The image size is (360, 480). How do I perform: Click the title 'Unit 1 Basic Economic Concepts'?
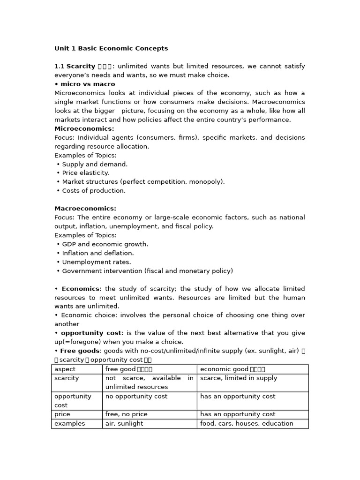[x=111, y=48]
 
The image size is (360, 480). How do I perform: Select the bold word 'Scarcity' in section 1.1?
[x=81, y=67]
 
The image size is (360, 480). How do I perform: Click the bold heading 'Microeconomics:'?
[x=84, y=129]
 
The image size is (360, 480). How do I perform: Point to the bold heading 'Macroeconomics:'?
[x=85, y=209]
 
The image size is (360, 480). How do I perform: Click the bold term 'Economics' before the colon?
[x=80, y=289]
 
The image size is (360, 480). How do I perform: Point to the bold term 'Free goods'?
[x=80, y=351]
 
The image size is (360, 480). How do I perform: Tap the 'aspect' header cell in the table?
[x=65, y=369]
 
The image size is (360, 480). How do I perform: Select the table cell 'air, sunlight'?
[x=124, y=423]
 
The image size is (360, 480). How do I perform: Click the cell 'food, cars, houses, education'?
[x=247, y=423]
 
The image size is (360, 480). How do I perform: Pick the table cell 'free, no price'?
[x=126, y=414]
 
